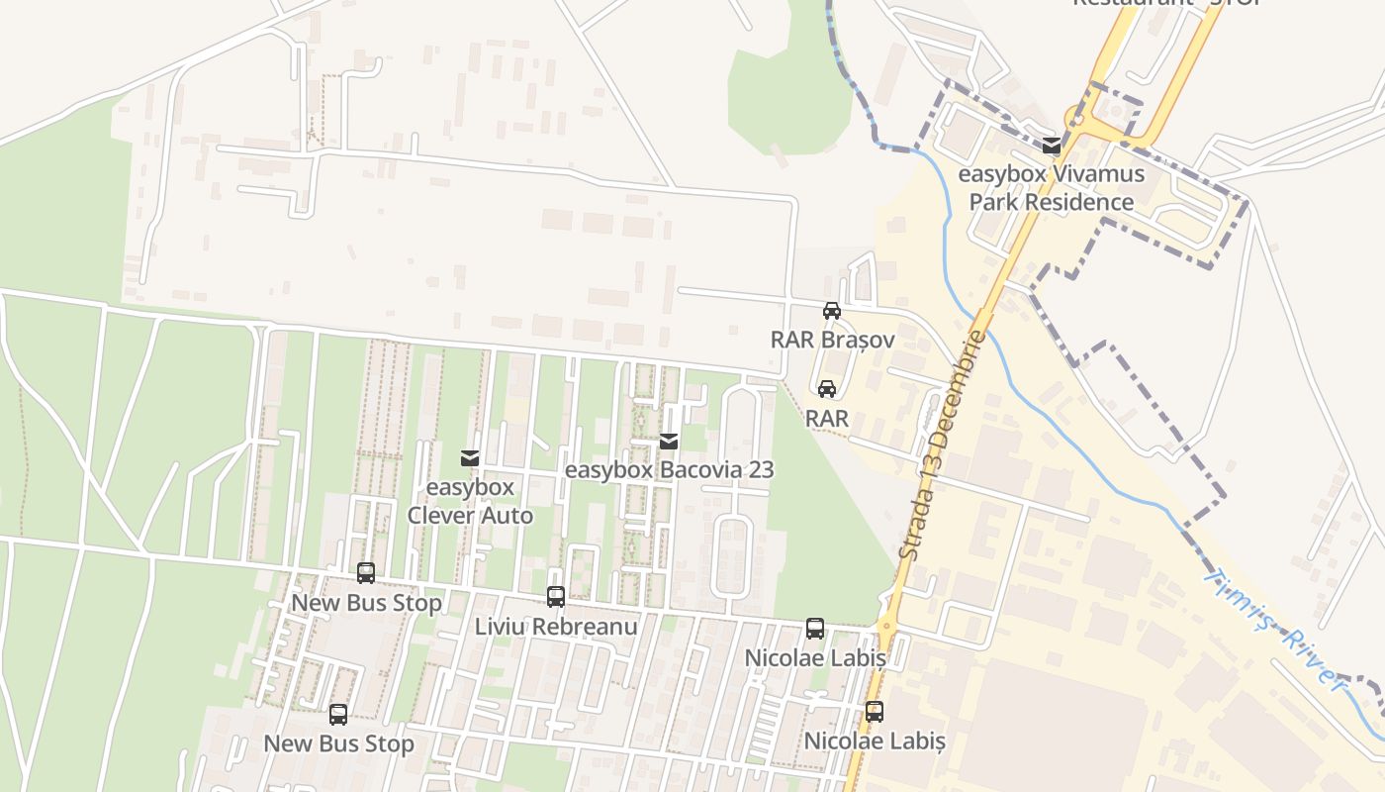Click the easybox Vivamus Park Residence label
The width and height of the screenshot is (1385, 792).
[x=1051, y=188]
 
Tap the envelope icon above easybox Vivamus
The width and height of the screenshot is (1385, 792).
[x=1051, y=146]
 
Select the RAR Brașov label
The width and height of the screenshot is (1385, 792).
[x=832, y=340]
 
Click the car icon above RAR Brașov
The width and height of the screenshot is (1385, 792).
[x=832, y=311]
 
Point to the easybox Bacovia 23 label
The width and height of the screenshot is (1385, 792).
[x=669, y=469]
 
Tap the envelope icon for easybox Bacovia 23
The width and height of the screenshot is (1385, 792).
[x=669, y=441]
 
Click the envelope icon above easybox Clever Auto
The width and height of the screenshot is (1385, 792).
[x=470, y=458]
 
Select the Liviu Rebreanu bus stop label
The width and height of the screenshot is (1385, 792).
[x=556, y=626]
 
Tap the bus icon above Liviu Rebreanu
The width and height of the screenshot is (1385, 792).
[x=556, y=597]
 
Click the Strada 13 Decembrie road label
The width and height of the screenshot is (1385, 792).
[x=944, y=445]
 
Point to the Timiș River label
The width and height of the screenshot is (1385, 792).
[x=1276, y=630]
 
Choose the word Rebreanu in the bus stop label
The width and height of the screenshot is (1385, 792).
[x=585, y=626]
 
